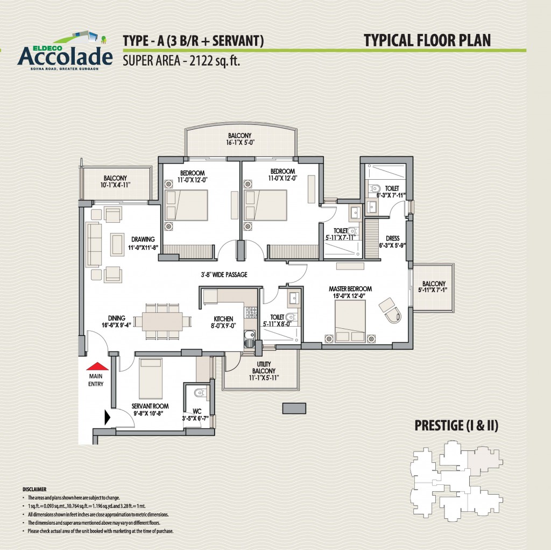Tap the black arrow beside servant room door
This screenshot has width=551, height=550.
(108, 417)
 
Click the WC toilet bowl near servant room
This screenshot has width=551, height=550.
(200, 392)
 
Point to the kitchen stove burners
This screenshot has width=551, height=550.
(251, 312)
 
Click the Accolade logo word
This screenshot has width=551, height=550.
(65, 56)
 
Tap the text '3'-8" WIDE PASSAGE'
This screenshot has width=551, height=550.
(224, 274)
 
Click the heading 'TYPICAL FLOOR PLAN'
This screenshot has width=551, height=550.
(427, 40)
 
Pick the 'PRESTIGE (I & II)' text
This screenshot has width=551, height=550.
(456, 425)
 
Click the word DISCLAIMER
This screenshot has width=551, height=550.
(34, 489)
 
